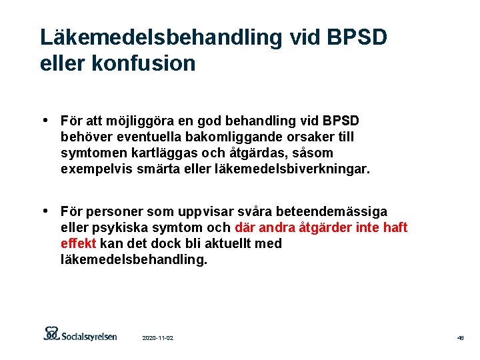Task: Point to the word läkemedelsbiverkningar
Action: point(291,169)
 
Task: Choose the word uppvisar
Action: point(202,211)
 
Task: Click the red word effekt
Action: point(79,243)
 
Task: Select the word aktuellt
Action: point(222,243)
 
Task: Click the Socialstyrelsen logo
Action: point(80,334)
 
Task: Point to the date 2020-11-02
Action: point(158,339)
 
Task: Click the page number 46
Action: point(460,339)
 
